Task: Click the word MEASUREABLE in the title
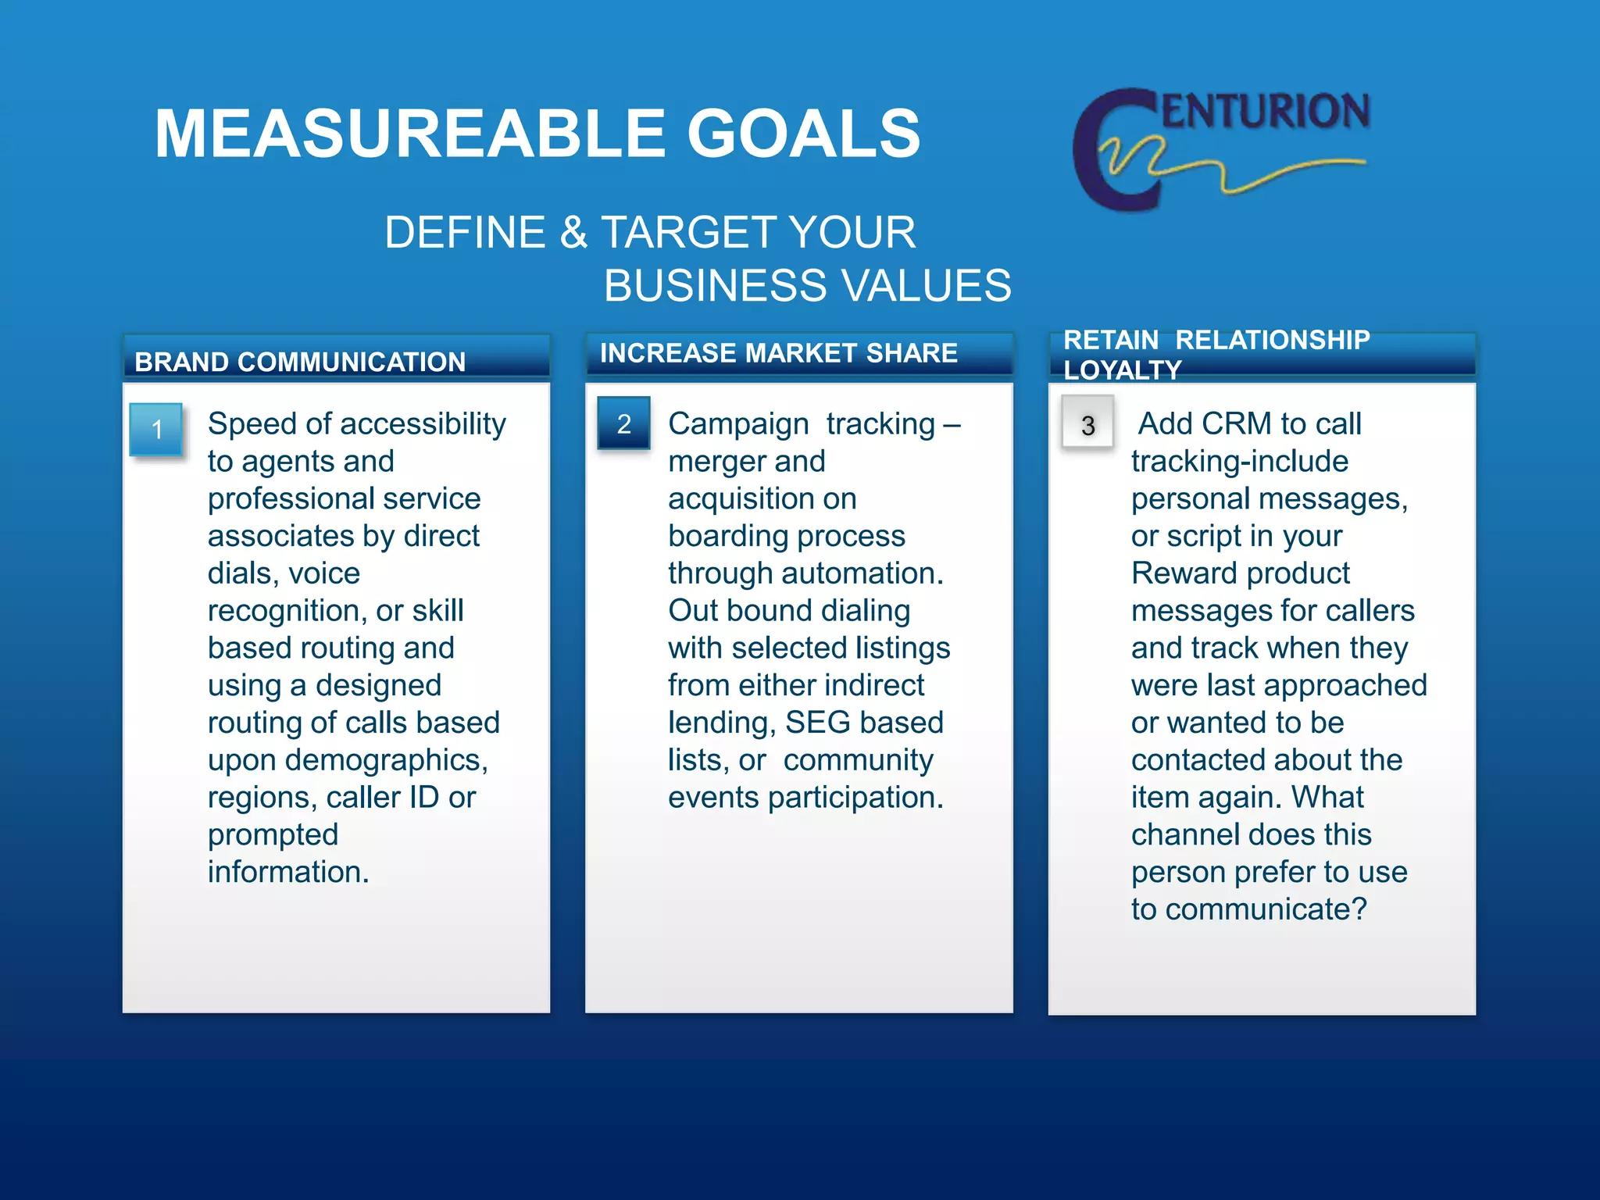tap(410, 134)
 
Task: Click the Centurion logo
tap(1221, 148)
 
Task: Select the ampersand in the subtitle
tap(573, 233)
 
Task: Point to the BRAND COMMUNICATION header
tap(300, 362)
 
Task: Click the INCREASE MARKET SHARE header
tap(778, 353)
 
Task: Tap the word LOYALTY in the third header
tap(1122, 370)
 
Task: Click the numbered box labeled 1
tap(156, 429)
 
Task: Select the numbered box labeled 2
tap(623, 423)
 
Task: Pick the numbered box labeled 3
tap(1087, 425)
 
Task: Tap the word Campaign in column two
tap(738, 424)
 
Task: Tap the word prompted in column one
tap(273, 835)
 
